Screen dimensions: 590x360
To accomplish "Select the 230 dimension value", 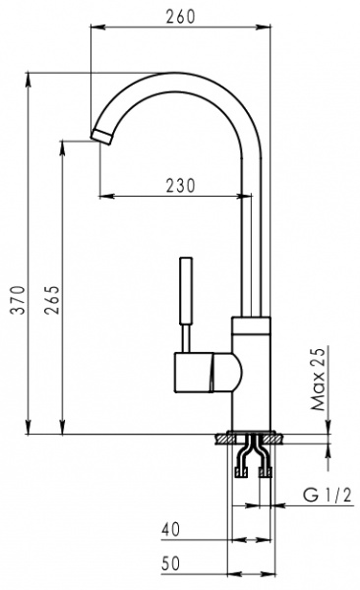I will [x=179, y=185].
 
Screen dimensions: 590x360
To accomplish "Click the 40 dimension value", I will [x=171, y=530].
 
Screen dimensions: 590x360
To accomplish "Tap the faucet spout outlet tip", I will [x=102, y=135].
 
